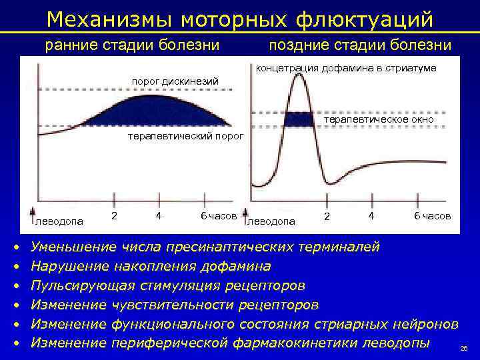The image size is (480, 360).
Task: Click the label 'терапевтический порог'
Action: click(186, 137)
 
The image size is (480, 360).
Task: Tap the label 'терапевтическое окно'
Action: click(378, 119)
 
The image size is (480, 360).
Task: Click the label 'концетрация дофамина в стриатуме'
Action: click(346, 68)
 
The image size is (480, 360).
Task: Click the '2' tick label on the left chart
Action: click(115, 215)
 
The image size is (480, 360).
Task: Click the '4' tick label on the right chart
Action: click(370, 216)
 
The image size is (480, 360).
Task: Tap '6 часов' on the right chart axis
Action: click(432, 216)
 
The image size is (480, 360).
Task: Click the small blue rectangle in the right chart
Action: click(299, 119)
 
